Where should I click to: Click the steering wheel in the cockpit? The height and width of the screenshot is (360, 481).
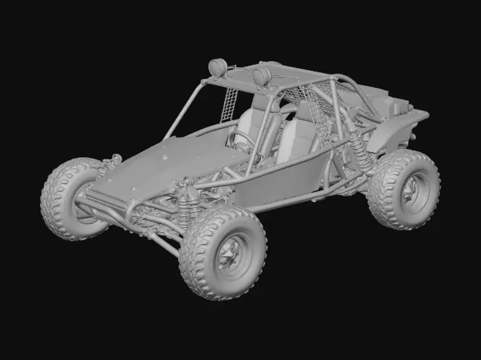pos(241,140)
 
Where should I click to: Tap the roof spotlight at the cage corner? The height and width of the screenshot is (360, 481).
pos(218,67)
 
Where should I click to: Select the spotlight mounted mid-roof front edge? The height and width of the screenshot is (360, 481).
pos(261,76)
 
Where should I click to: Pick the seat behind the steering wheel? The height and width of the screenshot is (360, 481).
pos(259,124)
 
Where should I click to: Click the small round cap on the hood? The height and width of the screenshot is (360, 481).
pos(164,157)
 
